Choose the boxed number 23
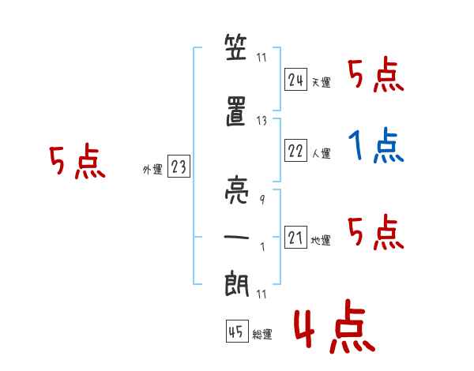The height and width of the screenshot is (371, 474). pyautogui.click(x=179, y=167)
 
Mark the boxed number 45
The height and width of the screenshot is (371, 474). pyautogui.click(x=236, y=332)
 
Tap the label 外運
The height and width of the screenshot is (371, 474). pyautogui.click(x=152, y=170)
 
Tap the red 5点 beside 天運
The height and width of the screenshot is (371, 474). pyautogui.click(x=376, y=75)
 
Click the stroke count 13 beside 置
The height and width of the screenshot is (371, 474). pyautogui.click(x=262, y=120)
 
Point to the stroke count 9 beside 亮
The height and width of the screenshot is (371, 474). pyautogui.click(x=261, y=200)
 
